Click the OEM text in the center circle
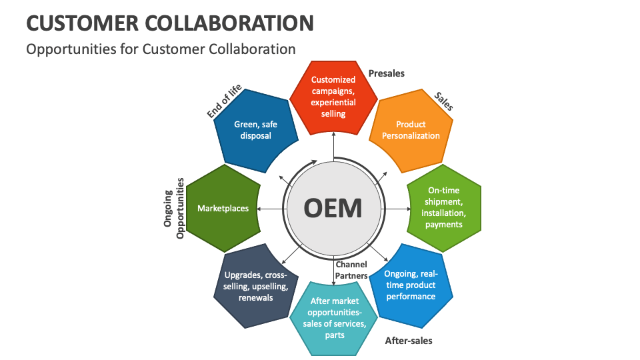(x=333, y=209)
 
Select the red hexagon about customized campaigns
(x=333, y=97)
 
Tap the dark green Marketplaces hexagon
(x=223, y=209)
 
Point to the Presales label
(x=387, y=73)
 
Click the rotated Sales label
(x=444, y=101)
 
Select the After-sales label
(x=409, y=341)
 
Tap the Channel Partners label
(x=351, y=270)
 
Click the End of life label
(x=224, y=103)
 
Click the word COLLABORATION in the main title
(x=227, y=23)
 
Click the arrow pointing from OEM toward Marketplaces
(x=270, y=209)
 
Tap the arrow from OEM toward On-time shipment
(x=396, y=209)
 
